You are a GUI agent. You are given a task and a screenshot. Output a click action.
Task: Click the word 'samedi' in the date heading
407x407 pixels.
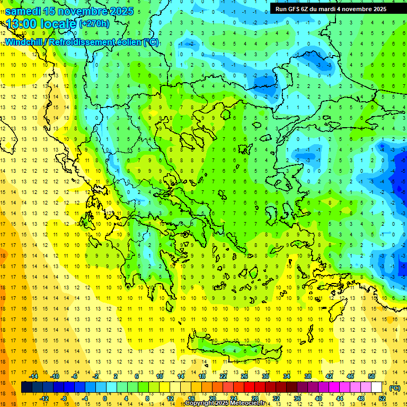tap(23, 11)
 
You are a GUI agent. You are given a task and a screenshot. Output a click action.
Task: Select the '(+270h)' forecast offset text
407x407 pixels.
tap(94, 23)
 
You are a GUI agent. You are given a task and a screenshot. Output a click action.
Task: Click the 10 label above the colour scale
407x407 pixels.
tap(160, 376)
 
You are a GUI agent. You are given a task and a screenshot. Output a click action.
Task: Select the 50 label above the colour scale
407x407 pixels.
tap(371, 376)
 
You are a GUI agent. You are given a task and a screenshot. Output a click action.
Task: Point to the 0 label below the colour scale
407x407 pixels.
tap(105, 399)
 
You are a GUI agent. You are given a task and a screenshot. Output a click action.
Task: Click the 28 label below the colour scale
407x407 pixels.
tap(254, 399)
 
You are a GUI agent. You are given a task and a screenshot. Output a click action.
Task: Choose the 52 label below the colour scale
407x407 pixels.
tap(382, 399)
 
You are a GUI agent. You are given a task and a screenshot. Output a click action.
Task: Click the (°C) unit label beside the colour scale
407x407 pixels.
tap(395, 388)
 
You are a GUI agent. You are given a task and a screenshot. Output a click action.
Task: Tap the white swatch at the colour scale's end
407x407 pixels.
tap(376, 387)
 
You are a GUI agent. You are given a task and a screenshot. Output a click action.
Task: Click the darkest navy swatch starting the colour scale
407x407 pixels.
tap(26, 387)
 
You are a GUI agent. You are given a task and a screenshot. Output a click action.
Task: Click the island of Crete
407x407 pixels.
tap(233, 350)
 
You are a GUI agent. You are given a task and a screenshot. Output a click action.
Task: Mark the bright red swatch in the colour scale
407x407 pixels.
tap(249, 387)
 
